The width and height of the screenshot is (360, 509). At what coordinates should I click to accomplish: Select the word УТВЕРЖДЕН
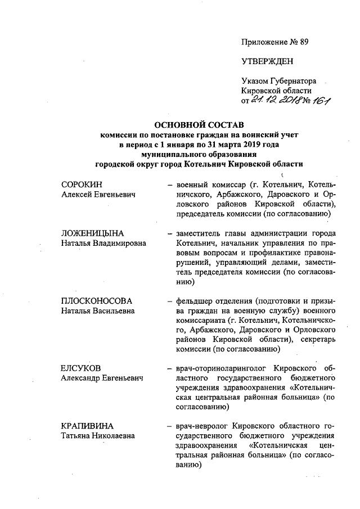click(267, 61)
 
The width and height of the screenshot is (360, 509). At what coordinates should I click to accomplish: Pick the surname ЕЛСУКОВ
click(80, 368)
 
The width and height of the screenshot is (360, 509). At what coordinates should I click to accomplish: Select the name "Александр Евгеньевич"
click(102, 378)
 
